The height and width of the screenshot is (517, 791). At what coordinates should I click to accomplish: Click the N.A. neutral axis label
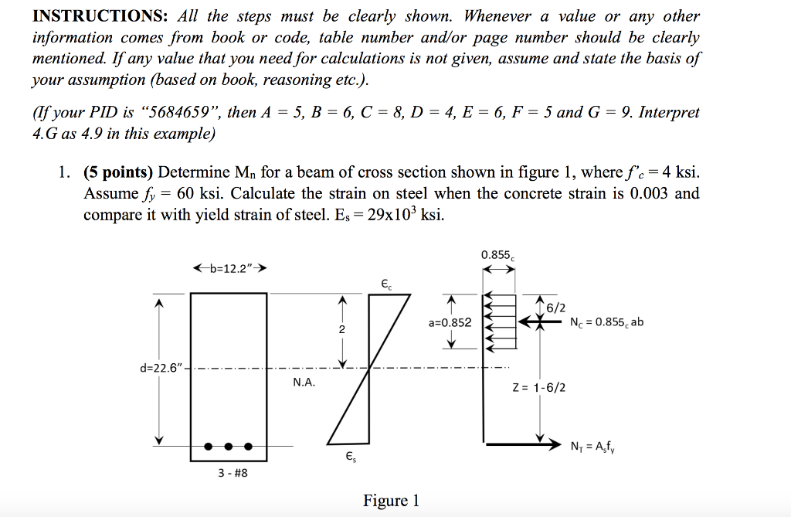(x=304, y=383)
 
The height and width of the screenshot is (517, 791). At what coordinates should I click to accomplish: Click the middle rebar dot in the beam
(x=229, y=446)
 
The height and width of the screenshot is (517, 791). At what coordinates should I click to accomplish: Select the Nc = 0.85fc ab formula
(x=606, y=322)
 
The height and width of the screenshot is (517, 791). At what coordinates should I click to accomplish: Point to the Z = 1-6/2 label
(x=538, y=386)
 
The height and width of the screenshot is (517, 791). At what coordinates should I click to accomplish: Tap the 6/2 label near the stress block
(x=555, y=308)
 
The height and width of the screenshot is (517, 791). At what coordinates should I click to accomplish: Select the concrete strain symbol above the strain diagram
(x=386, y=284)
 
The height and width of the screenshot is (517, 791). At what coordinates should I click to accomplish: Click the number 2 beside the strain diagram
(x=343, y=330)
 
